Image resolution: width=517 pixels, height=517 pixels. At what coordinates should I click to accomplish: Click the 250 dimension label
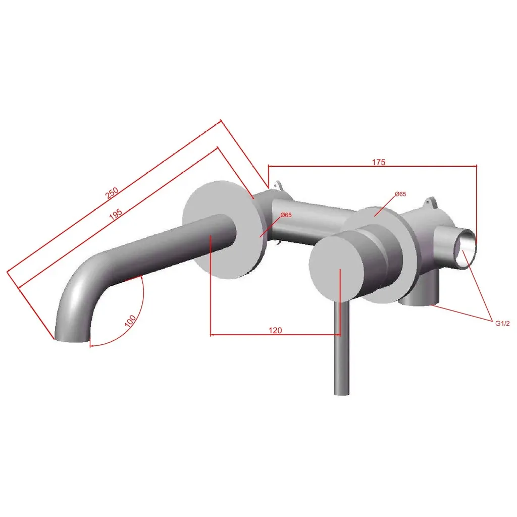[x=112, y=193]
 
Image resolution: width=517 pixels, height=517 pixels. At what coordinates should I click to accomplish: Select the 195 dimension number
[x=116, y=214]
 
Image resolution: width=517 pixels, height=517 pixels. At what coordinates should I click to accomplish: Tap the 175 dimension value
[x=379, y=162]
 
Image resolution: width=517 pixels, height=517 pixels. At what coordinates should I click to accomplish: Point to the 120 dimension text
[x=275, y=330]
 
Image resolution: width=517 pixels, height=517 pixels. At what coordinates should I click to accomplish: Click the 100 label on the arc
[x=130, y=321]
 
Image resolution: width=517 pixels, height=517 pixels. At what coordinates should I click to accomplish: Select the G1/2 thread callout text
[x=502, y=324]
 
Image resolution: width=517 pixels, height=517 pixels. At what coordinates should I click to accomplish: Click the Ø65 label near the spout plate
[x=286, y=215]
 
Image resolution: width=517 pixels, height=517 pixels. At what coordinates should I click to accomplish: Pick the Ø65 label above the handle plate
[x=400, y=194]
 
